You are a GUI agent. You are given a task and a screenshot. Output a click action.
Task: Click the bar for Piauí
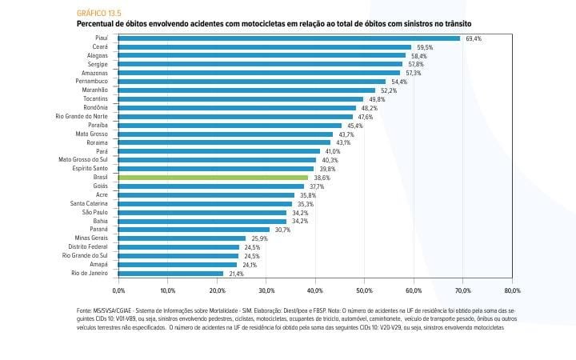coord(289,38)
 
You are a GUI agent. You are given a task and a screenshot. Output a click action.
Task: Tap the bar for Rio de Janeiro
coord(171,274)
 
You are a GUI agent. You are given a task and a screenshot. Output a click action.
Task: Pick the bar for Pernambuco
coord(252,82)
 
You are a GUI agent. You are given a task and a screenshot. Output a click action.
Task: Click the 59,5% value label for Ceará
coord(425,47)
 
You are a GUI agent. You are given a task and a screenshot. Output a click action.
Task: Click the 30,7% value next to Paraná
coord(283,230)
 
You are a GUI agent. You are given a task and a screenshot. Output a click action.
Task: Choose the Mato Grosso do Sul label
coord(83,160)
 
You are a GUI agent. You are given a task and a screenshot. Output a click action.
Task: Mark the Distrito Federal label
coord(88,247)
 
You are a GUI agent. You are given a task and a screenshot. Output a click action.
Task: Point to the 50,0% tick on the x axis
coord(365,291)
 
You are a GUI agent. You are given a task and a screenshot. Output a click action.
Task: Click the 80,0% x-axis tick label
coord(512,291)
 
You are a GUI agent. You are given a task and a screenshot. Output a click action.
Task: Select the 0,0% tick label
coord(119,291)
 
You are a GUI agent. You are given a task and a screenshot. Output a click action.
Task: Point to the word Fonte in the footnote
coord(85,309)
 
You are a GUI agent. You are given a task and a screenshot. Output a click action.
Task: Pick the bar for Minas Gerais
coord(182,238)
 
